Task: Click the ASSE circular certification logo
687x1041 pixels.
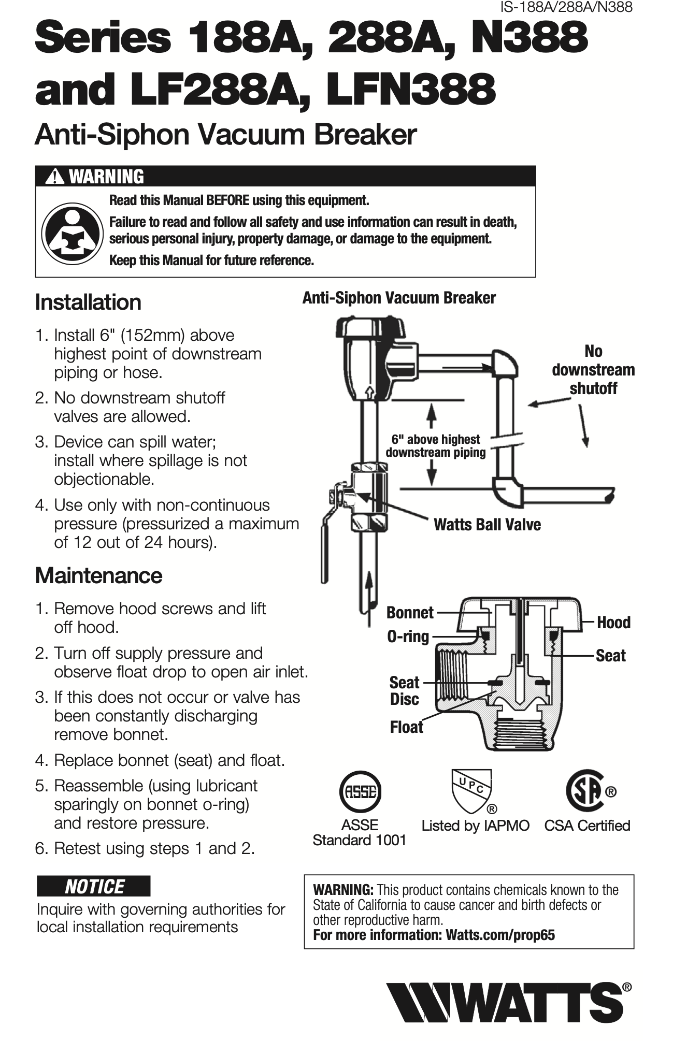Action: click(x=360, y=792)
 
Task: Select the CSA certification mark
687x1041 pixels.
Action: click(x=585, y=791)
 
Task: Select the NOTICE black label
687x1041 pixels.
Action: click(x=94, y=886)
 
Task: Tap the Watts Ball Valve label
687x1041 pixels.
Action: click(x=487, y=525)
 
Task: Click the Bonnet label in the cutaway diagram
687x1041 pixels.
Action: click(x=410, y=613)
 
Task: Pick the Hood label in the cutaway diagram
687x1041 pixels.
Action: click(x=613, y=623)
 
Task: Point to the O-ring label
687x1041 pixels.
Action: click(x=408, y=637)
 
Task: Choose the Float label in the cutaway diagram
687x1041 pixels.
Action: click(x=406, y=727)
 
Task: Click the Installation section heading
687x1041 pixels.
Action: click(x=88, y=302)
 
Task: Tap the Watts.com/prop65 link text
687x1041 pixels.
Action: click(x=500, y=935)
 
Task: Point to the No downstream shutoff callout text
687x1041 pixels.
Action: click(x=593, y=370)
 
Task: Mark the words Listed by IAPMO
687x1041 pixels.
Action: click(x=475, y=826)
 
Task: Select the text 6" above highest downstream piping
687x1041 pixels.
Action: click(x=436, y=446)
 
